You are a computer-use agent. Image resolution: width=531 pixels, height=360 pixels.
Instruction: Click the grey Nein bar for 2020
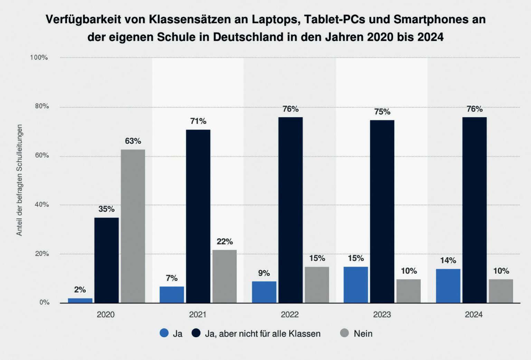pyautogui.click(x=133, y=226)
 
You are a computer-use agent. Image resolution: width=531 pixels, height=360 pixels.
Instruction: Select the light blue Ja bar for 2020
pyautogui.click(x=80, y=301)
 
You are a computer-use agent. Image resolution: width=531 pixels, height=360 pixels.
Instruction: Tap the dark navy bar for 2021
pyautogui.click(x=198, y=216)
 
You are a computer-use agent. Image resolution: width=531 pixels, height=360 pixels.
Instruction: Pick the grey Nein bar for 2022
pyautogui.click(x=317, y=285)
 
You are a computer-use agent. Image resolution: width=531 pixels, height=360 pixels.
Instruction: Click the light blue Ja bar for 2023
pyautogui.click(x=356, y=285)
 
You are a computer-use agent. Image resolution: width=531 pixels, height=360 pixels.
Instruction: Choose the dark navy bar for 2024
pyautogui.click(x=474, y=210)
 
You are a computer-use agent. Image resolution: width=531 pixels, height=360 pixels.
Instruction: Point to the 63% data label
pyautogui.click(x=133, y=141)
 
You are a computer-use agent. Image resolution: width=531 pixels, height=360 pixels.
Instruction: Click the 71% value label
pyautogui.click(x=198, y=121)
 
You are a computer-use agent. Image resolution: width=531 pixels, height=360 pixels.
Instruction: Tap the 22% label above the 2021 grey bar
pyautogui.click(x=225, y=241)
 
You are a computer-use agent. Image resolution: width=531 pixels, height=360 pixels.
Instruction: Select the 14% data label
pyautogui.click(x=448, y=260)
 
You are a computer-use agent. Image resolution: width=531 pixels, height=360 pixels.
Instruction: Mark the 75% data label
pyautogui.click(x=382, y=112)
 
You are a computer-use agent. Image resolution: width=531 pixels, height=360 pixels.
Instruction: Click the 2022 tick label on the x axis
pyautogui.click(x=290, y=314)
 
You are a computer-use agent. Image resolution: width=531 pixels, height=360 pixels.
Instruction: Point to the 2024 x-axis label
pyautogui.click(x=474, y=314)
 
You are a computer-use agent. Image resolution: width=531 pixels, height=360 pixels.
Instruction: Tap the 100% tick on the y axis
pyautogui.click(x=39, y=57)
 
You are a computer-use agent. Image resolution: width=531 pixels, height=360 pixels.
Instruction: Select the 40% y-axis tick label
pyautogui.click(x=42, y=205)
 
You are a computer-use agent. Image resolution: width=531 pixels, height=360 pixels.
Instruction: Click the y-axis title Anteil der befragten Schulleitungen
pyautogui.click(x=19, y=180)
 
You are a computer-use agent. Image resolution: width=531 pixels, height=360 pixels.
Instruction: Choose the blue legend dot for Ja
pyautogui.click(x=164, y=333)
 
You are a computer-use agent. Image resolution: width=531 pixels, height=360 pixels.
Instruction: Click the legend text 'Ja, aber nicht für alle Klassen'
pyautogui.click(x=263, y=333)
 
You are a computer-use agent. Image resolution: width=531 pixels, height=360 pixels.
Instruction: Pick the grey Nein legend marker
pyautogui.click(x=344, y=333)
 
